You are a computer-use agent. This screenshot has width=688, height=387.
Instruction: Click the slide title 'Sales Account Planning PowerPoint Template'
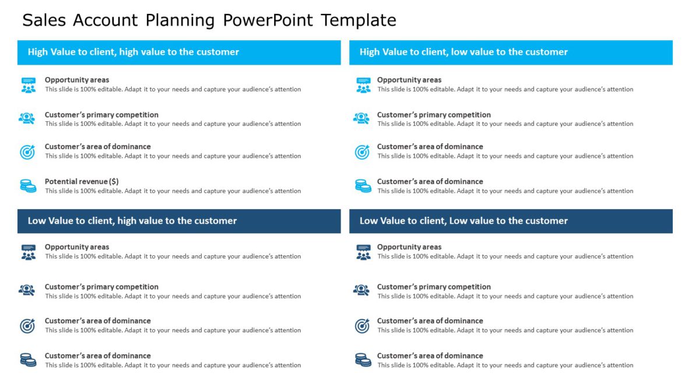point(209,20)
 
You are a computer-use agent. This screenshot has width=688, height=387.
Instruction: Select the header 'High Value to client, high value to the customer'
point(133,52)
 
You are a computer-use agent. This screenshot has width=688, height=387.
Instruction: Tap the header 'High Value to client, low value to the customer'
point(464,52)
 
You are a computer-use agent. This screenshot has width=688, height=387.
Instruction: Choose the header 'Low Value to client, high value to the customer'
point(132,221)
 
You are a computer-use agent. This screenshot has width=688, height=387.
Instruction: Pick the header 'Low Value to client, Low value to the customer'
point(464,221)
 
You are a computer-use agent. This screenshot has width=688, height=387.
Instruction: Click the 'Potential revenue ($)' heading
point(82,181)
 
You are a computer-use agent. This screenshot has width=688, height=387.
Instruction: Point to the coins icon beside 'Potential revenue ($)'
point(28,186)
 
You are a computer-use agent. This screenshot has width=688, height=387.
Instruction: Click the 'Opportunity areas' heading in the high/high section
point(77,80)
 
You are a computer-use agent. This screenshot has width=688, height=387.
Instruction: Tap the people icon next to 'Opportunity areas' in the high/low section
point(363,85)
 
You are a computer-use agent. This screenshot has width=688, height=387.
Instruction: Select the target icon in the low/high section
point(27,326)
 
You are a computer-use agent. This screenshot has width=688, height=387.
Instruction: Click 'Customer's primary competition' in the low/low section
point(434,287)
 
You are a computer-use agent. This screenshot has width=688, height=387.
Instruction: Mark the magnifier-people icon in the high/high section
point(27,118)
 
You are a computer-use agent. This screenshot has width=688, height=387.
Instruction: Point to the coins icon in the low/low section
point(363,360)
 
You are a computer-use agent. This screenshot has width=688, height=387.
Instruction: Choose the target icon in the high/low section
point(362,152)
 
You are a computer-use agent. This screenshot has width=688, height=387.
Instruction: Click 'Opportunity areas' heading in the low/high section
point(77,247)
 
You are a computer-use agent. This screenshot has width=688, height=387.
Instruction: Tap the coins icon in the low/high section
point(28,360)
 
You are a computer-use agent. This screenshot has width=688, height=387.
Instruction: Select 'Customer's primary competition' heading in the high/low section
point(434,115)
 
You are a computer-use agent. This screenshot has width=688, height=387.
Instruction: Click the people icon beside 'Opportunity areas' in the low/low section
point(363,252)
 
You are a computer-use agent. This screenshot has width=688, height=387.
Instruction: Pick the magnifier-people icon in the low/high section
point(27,290)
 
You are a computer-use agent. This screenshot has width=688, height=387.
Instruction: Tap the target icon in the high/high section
point(27,152)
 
